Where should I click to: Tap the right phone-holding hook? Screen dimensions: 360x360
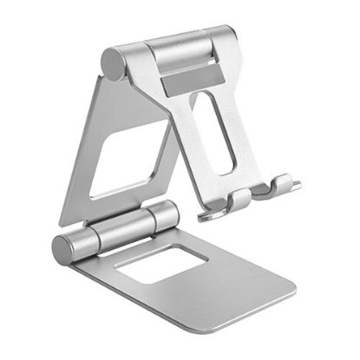[282, 183]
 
